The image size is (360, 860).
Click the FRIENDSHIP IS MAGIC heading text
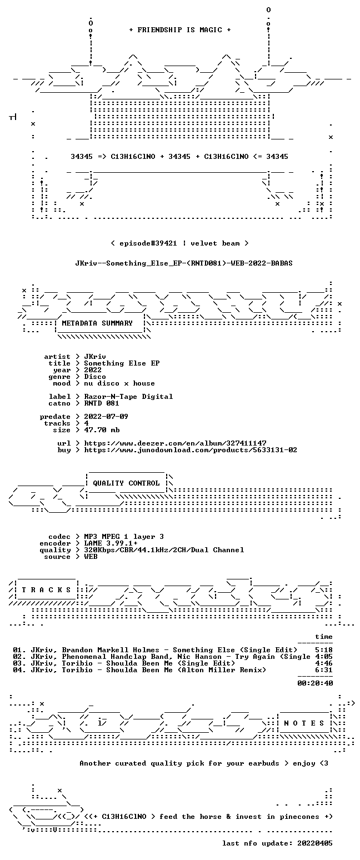[180, 30]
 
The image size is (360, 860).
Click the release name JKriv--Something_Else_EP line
[184, 263]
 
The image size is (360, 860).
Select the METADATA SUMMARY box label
[97, 323]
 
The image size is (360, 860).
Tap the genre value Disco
[95, 377]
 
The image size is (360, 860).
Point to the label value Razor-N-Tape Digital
[128, 397]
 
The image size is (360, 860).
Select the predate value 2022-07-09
[106, 417]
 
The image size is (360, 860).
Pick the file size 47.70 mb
[102, 430]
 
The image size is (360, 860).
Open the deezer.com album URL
[175, 443]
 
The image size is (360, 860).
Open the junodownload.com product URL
[191, 450]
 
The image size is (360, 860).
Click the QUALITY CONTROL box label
[126, 483]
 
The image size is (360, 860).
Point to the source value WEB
[91, 557]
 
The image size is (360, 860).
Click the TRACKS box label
[47, 590]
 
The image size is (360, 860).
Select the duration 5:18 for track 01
[324, 650]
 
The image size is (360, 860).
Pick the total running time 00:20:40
[315, 683]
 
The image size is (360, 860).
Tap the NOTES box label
[304, 723]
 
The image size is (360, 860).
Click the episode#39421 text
[148, 243]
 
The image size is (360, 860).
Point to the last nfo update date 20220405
[315, 843]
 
